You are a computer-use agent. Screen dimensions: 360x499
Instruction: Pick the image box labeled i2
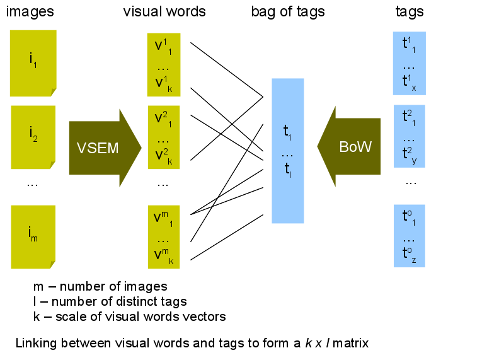point(33,136)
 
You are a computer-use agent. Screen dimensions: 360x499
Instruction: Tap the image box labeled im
point(33,236)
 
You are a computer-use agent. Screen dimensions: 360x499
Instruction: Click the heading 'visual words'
point(164,12)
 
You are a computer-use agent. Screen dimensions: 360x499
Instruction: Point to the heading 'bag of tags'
point(287,12)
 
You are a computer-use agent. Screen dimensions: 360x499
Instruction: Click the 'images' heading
point(30,12)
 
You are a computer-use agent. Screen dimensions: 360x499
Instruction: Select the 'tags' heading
point(409,12)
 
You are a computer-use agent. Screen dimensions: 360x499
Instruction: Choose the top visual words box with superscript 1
point(164,64)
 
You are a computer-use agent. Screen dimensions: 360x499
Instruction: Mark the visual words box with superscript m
point(164,236)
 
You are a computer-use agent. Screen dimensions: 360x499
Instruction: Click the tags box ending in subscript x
point(409,63)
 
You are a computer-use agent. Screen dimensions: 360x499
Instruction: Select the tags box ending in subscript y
point(409,136)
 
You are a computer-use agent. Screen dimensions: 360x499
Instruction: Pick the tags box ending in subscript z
point(409,235)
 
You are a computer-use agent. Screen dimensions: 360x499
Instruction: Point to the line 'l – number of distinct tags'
point(110,302)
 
